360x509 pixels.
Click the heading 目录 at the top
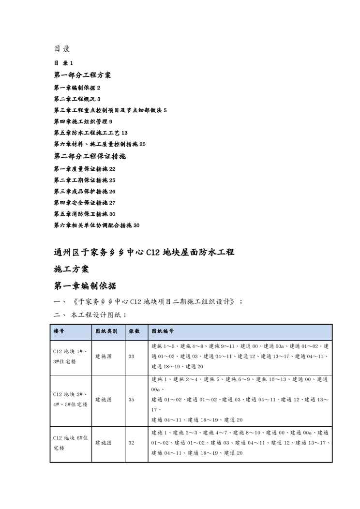tap(62, 49)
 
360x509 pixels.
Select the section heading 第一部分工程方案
tap(82, 75)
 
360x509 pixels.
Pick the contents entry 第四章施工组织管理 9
tap(83, 121)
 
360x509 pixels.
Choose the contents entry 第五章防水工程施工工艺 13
tap(90, 133)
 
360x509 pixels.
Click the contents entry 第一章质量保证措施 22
tap(84, 169)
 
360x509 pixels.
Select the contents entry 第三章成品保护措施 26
tap(84, 192)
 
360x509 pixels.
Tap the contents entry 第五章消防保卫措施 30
tap(84, 214)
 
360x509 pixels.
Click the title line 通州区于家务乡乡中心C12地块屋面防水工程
tap(144, 252)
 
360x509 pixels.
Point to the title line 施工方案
tap(71, 269)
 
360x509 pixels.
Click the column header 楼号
tap(59, 331)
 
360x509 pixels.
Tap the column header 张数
tap(134, 331)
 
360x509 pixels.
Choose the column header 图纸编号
tap(163, 331)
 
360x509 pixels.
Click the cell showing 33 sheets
tap(132, 357)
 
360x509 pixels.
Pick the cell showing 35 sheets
tap(132, 400)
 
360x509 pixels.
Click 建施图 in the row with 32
tap(104, 443)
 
